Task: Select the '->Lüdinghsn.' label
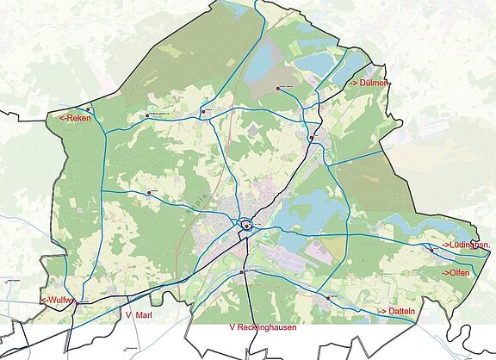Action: pos(466,246)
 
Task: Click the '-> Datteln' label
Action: pos(393,310)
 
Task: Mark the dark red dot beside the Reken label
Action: pos(89,109)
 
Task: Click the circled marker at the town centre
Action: pos(246,226)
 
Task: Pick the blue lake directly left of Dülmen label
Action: pos(314,64)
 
